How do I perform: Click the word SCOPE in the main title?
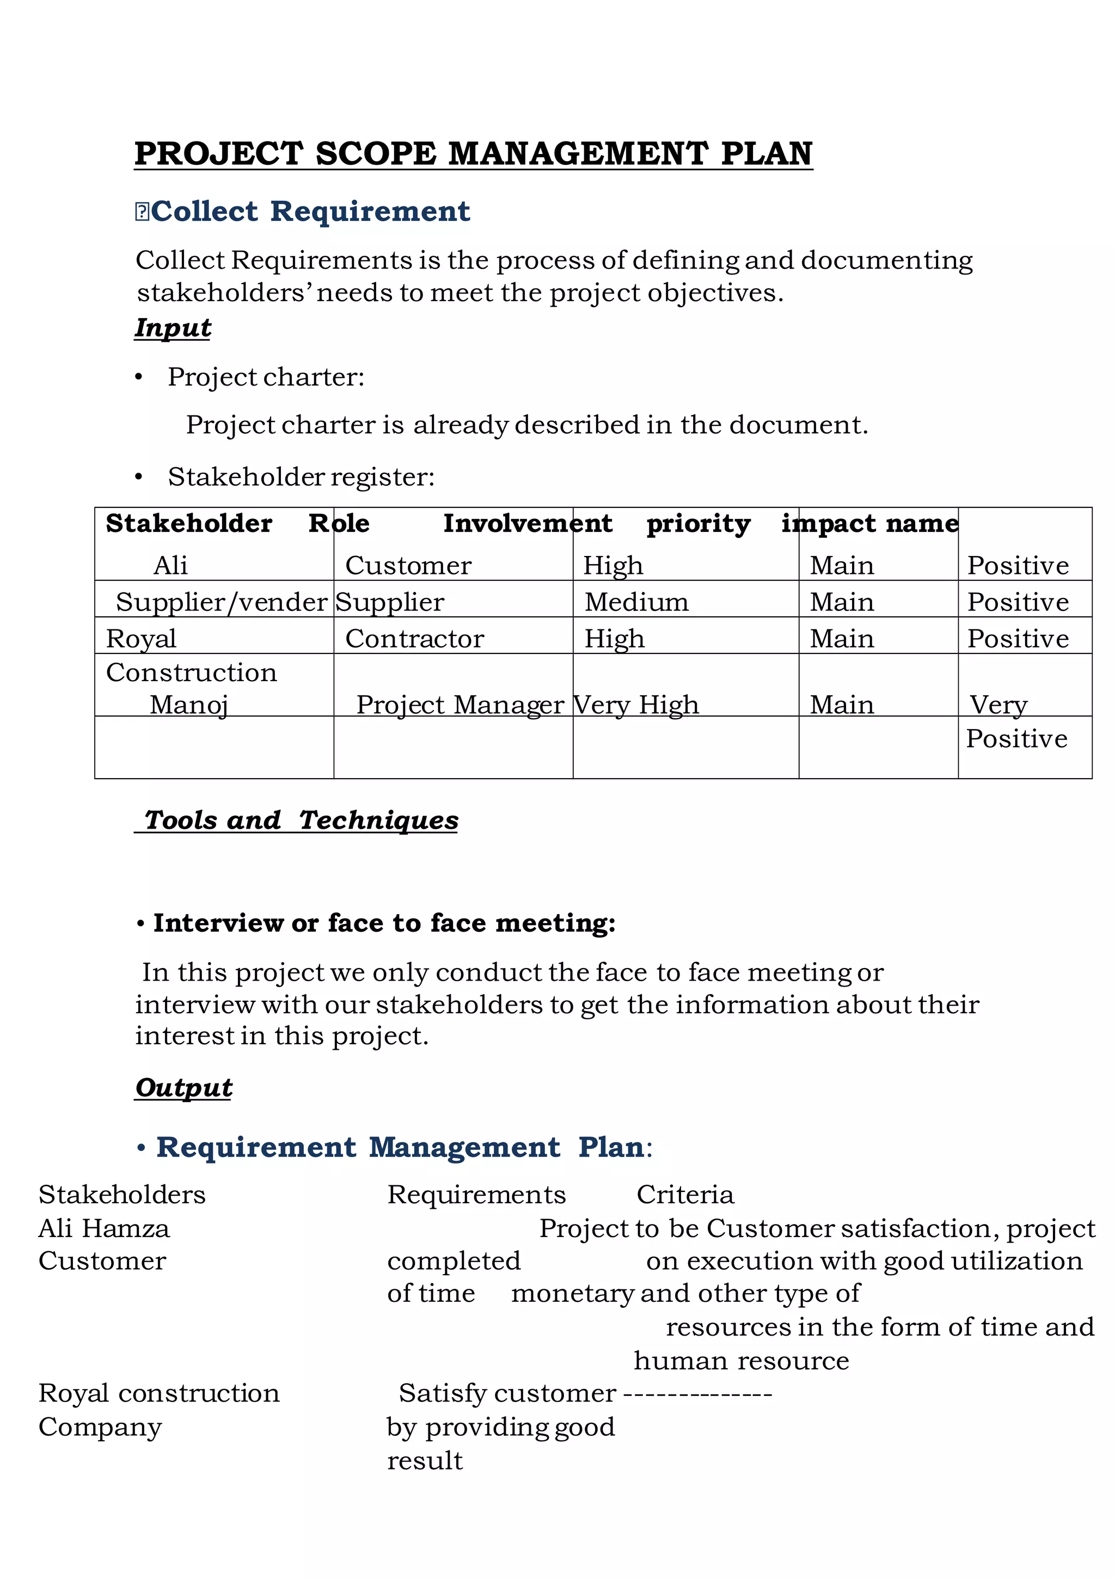[375, 154]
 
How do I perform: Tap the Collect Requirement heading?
[310, 211]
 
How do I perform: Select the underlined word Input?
[173, 327]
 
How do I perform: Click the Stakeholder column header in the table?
[189, 523]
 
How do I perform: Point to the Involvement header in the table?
[527, 523]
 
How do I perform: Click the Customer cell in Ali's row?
[408, 565]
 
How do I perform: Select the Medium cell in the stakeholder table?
[636, 602]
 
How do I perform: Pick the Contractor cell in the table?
[415, 639]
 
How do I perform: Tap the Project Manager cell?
[460, 705]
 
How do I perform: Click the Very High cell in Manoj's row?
[636, 705]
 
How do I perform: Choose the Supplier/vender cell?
[221, 602]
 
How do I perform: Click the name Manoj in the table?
[188, 705]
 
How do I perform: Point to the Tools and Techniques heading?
[301, 820]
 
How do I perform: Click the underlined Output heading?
[183, 1087]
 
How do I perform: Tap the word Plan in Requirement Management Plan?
[610, 1147]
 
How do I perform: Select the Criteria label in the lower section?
[685, 1195]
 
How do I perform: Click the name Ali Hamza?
[104, 1228]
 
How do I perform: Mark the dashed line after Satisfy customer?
[697, 1393]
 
